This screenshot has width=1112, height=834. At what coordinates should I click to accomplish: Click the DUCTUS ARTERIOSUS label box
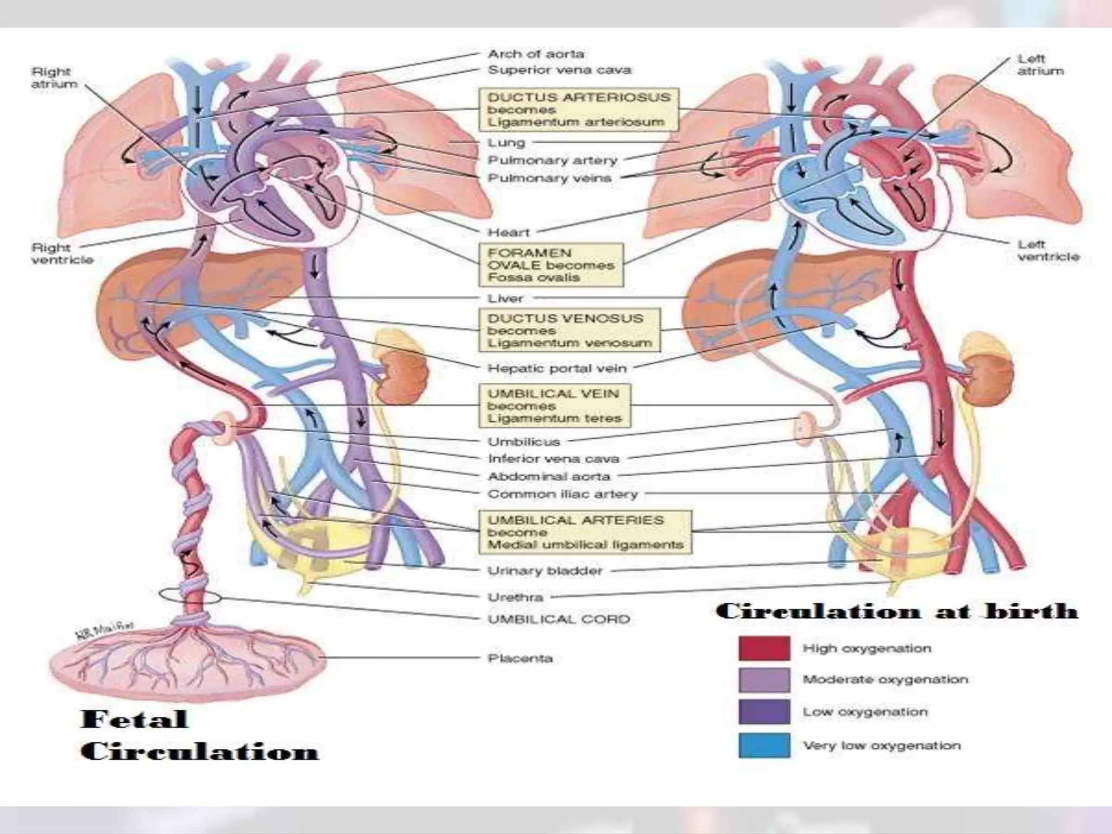click(x=578, y=110)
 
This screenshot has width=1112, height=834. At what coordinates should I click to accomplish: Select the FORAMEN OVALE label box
click(x=550, y=265)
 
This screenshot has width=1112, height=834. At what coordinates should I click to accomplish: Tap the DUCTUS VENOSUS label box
click(x=570, y=330)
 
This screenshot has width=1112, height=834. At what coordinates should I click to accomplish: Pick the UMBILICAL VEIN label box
click(x=554, y=406)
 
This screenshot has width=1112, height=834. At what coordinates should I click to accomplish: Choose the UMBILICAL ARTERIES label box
click(x=585, y=532)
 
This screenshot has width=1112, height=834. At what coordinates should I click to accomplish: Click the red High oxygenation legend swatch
click(x=764, y=648)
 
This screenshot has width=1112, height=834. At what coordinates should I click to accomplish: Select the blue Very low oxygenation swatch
click(x=764, y=745)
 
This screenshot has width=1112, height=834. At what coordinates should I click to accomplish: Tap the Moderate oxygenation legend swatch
click(x=764, y=680)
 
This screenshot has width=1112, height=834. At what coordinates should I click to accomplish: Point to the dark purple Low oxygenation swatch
click(x=764, y=712)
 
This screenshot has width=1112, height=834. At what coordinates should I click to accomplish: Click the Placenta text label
click(x=520, y=659)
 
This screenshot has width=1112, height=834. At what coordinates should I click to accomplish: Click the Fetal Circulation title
click(x=199, y=735)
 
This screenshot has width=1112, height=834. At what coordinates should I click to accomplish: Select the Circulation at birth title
click(x=896, y=611)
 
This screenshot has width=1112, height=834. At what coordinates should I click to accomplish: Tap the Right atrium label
click(x=54, y=78)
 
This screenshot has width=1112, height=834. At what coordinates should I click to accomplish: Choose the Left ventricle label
click(x=1048, y=250)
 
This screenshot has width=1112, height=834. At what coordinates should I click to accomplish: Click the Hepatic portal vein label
click(x=557, y=368)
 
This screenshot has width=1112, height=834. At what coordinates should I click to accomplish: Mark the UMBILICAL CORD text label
click(x=559, y=619)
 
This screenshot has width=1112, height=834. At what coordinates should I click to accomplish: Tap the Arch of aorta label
click(x=536, y=54)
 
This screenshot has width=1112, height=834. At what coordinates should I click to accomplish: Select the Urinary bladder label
click(x=545, y=571)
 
